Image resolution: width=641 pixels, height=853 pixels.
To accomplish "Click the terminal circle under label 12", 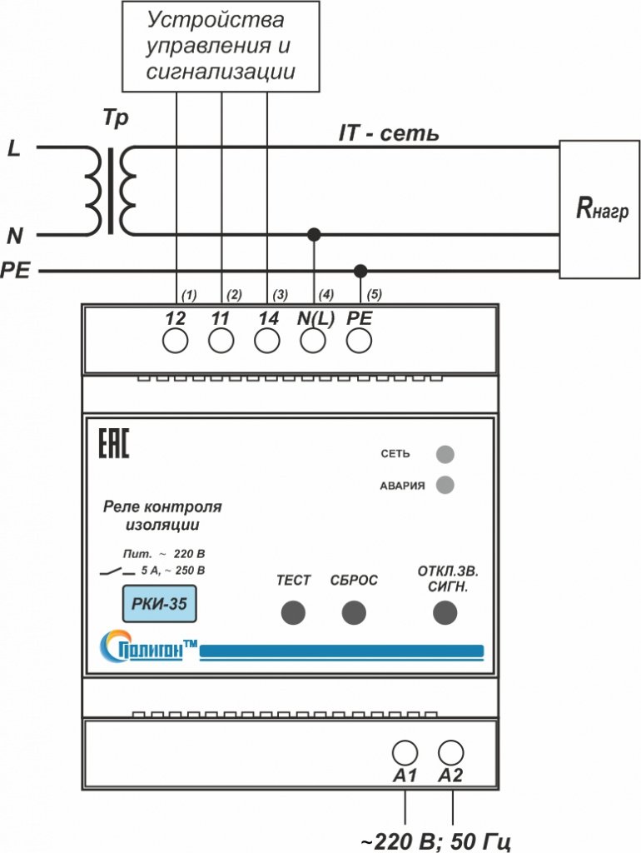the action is [x=175, y=341].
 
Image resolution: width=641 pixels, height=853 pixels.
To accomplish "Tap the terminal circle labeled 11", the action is [x=221, y=341].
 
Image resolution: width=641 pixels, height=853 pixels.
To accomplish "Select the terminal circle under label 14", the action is [x=267, y=341].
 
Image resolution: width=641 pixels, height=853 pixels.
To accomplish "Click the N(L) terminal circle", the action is [x=313, y=341].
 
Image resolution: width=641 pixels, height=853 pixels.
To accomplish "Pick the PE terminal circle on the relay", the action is [x=359, y=341].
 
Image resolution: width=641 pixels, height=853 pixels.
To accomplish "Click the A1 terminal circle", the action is [x=405, y=753].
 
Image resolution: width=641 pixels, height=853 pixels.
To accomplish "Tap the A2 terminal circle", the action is [x=450, y=753].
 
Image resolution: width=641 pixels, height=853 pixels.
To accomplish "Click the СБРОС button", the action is [x=354, y=612].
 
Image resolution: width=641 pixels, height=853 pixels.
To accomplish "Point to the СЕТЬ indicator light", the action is [x=445, y=454].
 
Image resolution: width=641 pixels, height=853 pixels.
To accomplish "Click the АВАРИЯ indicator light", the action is [x=445, y=485].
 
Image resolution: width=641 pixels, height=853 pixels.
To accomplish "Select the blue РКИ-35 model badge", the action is [x=159, y=604].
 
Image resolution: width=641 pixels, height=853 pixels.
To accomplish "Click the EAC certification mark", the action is [x=113, y=443].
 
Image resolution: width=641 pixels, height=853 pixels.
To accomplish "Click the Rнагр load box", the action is [x=599, y=209].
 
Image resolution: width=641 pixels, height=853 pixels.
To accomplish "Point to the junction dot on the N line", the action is [x=314, y=234].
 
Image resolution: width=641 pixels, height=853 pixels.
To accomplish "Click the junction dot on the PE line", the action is [x=360, y=271].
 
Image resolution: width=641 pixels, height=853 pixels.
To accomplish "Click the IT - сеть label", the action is [x=388, y=133].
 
